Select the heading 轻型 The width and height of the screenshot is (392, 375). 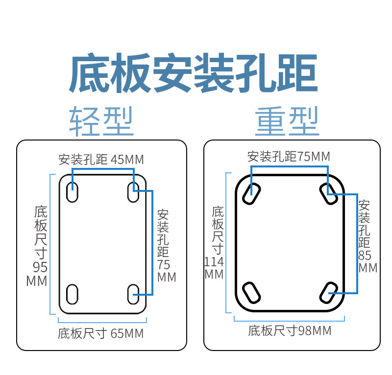[x=101, y=121]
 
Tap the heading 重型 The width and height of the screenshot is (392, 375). [x=287, y=121]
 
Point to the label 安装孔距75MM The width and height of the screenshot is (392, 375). [x=289, y=157]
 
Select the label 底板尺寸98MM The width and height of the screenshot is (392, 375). [x=290, y=331]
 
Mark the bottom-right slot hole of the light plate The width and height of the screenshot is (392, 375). [x=133, y=294]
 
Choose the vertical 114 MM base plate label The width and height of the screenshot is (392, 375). [x=216, y=243]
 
